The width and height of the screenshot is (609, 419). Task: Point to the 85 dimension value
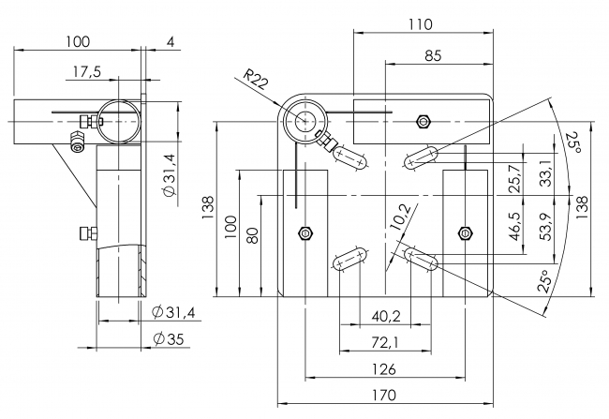point(432,55)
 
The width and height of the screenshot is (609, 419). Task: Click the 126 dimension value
point(383,367)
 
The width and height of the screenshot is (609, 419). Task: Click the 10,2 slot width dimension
point(397,216)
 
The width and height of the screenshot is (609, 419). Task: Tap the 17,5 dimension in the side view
point(85,71)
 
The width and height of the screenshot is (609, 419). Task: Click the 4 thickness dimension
point(170,41)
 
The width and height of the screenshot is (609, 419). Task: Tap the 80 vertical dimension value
point(251,234)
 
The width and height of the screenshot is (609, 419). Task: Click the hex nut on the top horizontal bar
point(423,120)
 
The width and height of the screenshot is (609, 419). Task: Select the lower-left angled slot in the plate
point(349,260)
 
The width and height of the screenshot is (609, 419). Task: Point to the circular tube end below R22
point(305,120)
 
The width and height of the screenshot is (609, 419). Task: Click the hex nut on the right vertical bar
point(465,232)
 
